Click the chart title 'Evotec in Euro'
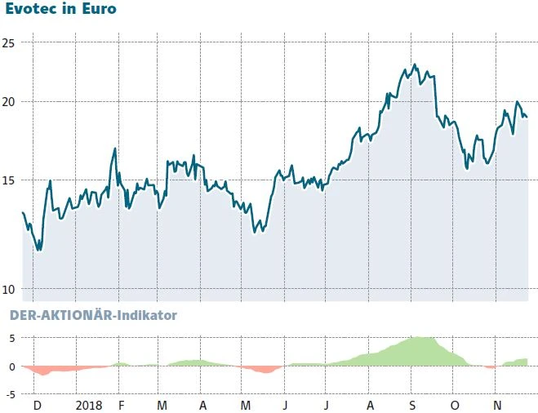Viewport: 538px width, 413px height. click(x=61, y=10)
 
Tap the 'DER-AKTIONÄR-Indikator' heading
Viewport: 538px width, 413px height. click(x=93, y=314)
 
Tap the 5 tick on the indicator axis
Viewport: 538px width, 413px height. click(x=11, y=338)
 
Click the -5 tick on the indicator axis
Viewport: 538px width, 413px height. click(x=9, y=394)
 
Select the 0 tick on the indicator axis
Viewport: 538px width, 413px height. click(x=11, y=366)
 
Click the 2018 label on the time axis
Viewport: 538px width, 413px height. click(x=88, y=405)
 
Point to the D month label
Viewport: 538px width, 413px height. click(x=37, y=405)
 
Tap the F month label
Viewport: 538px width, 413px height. click(x=121, y=405)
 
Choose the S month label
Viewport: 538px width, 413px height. click(x=412, y=405)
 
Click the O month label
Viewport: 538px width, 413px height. click(x=455, y=405)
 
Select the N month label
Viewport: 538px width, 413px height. click(x=498, y=405)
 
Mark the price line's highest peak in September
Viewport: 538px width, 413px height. click(x=415, y=64)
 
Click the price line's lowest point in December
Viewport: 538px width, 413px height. click(x=38, y=250)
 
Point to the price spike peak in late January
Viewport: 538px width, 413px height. click(x=115, y=149)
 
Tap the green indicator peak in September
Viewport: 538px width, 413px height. click(x=416, y=337)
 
